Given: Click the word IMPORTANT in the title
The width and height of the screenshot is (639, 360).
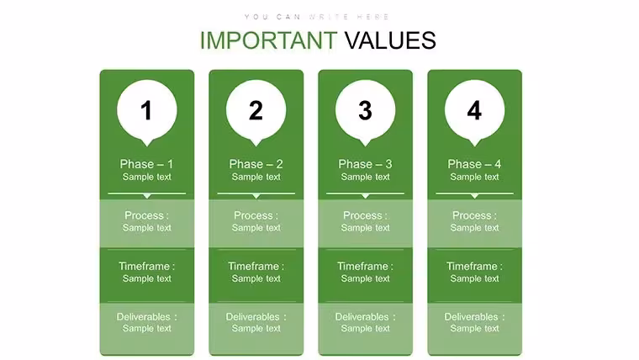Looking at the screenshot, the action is pyautogui.click(x=268, y=40).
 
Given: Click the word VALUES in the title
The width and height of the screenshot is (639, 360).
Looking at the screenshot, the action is pyautogui.click(x=390, y=40).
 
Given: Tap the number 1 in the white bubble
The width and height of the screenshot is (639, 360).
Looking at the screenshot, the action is pyautogui.click(x=146, y=110).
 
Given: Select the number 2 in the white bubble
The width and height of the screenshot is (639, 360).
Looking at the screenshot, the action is pyautogui.click(x=256, y=110).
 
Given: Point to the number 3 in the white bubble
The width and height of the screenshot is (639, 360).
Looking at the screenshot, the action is pyautogui.click(x=365, y=110).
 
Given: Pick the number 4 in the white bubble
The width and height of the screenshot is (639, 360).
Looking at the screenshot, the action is pyautogui.click(x=474, y=110).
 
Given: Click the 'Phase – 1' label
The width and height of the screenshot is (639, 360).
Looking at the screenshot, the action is pyautogui.click(x=146, y=164).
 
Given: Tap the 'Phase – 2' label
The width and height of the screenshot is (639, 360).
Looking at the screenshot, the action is pyautogui.click(x=256, y=164).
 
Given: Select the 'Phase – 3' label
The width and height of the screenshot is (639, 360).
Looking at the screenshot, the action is pyautogui.click(x=365, y=164).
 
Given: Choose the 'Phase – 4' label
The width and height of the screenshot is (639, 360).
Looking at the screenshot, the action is pyautogui.click(x=474, y=164).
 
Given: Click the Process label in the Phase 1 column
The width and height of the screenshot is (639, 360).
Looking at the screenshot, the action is pyautogui.click(x=146, y=215).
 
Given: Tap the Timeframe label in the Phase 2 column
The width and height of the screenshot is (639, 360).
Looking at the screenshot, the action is pyautogui.click(x=256, y=267).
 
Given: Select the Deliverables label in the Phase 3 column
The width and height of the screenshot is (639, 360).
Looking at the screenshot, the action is pyautogui.click(x=365, y=317).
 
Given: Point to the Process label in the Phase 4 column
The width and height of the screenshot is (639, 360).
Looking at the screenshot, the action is pyautogui.click(x=474, y=215).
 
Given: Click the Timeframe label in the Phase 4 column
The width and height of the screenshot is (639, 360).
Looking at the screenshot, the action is pyautogui.click(x=474, y=267).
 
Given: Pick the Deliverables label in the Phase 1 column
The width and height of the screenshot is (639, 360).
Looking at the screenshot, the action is pyautogui.click(x=146, y=317).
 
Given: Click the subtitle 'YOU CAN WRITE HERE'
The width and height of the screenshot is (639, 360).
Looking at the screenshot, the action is pyautogui.click(x=317, y=17).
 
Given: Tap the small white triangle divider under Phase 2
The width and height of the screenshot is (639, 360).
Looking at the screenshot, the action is pyautogui.click(x=256, y=196).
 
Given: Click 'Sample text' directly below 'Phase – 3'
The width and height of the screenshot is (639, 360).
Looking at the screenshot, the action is pyautogui.click(x=365, y=177).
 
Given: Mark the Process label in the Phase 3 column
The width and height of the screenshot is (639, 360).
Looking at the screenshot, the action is pyautogui.click(x=365, y=215).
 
